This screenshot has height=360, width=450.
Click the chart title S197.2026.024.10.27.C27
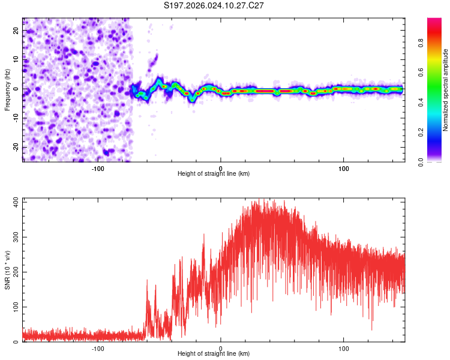tap(214, 5)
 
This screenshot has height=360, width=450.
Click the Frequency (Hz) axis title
tap(7, 89)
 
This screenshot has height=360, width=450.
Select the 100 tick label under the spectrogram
tap(344, 168)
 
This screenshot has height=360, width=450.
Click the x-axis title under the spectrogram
tap(214, 174)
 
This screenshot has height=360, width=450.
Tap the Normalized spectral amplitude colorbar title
tap(446, 90)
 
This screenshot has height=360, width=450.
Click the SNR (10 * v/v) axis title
tap(7, 269)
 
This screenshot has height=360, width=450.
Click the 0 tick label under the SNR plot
tap(221, 348)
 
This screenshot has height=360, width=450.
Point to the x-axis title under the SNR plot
tap(214, 354)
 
